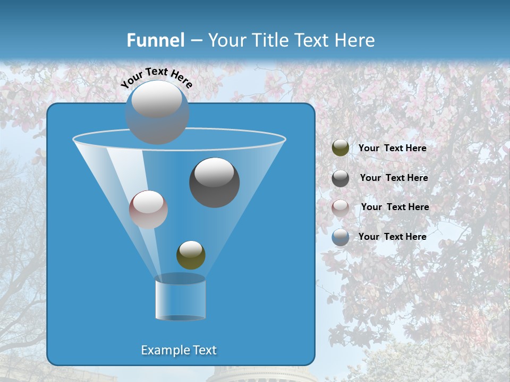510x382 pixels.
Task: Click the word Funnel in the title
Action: [156, 40]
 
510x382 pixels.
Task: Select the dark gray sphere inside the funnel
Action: [214, 183]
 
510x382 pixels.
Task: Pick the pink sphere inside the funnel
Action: [148, 210]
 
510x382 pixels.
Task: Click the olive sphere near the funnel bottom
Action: [191, 255]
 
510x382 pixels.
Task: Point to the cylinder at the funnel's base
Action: [180, 298]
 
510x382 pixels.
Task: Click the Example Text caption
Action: [178, 350]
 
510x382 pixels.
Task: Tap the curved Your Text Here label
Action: [156, 77]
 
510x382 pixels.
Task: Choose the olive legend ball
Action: [341, 148]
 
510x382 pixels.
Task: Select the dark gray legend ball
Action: [341, 178]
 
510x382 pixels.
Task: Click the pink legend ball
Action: [341, 207]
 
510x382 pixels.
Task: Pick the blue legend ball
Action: [341, 237]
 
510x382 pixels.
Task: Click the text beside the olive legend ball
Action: [392, 149]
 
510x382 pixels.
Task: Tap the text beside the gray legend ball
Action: [394, 178]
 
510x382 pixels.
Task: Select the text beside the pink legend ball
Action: [395, 207]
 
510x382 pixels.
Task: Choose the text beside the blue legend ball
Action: [392, 237]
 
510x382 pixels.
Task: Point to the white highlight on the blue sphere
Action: [157, 99]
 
